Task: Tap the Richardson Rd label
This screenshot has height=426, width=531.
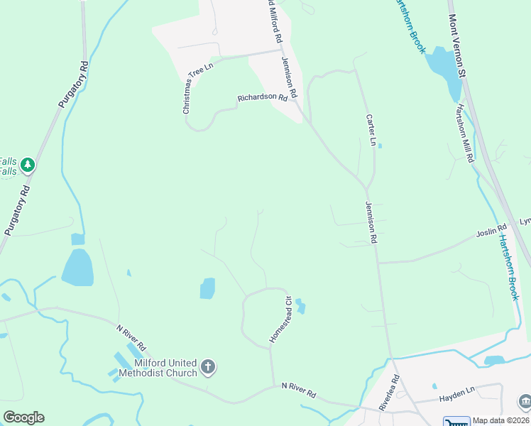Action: (262, 98)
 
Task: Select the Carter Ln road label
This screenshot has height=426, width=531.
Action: (370, 130)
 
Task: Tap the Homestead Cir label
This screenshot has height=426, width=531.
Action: (280, 319)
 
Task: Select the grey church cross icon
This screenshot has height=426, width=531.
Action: (208, 367)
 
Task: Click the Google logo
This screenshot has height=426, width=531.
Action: (23, 417)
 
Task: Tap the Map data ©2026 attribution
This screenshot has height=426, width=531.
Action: (501, 420)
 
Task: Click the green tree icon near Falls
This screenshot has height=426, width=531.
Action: (28, 165)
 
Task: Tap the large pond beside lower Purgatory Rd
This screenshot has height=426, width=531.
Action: (77, 267)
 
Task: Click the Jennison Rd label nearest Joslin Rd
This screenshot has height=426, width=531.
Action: (370, 222)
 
